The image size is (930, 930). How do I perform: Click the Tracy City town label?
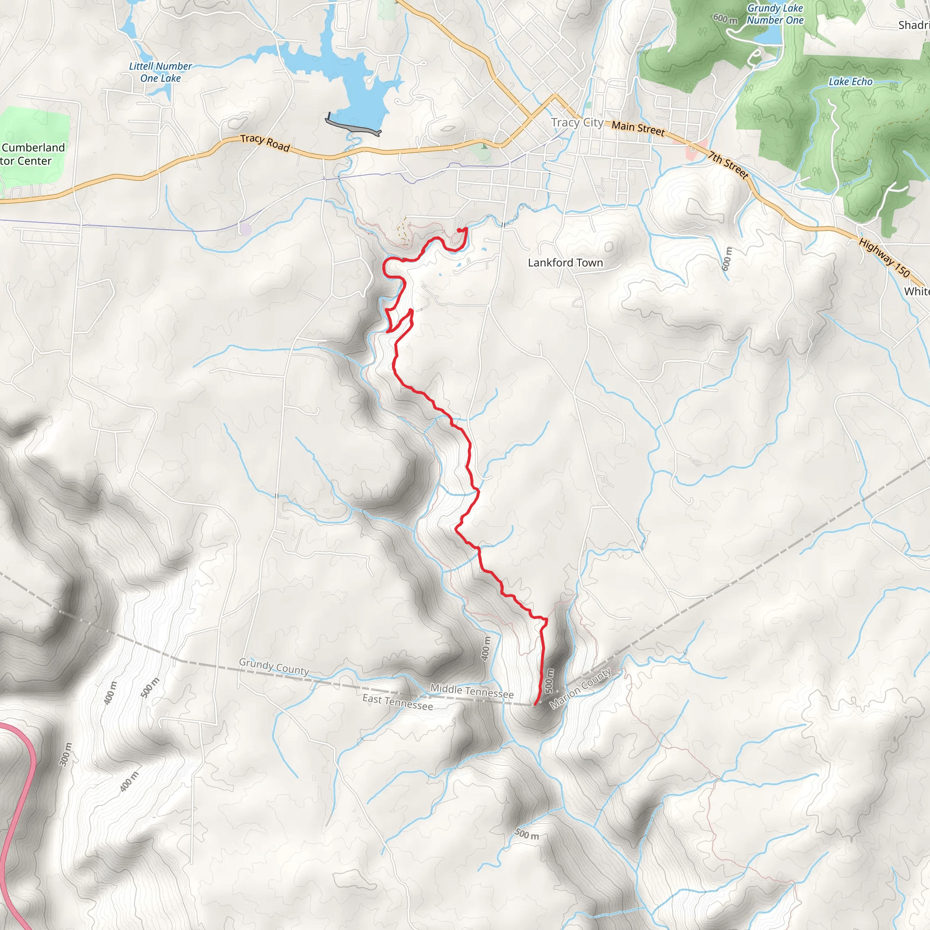pos(577,123)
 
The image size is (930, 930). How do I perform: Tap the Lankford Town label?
pos(565,263)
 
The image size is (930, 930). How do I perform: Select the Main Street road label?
pos(638,128)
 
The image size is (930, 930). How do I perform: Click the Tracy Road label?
pos(265,143)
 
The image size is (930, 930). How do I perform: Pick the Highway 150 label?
pos(884,258)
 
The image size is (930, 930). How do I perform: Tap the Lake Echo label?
pos(850,82)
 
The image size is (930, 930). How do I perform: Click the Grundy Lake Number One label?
pos(775,14)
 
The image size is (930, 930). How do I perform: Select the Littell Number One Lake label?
pos(160,72)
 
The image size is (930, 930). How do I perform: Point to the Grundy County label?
pos(274,666)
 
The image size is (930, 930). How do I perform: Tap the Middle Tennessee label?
pos(472,691)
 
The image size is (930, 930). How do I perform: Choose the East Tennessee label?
pos(398,702)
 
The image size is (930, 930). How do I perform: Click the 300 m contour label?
pos(65,754)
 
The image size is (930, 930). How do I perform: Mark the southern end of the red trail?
pos(535,704)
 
